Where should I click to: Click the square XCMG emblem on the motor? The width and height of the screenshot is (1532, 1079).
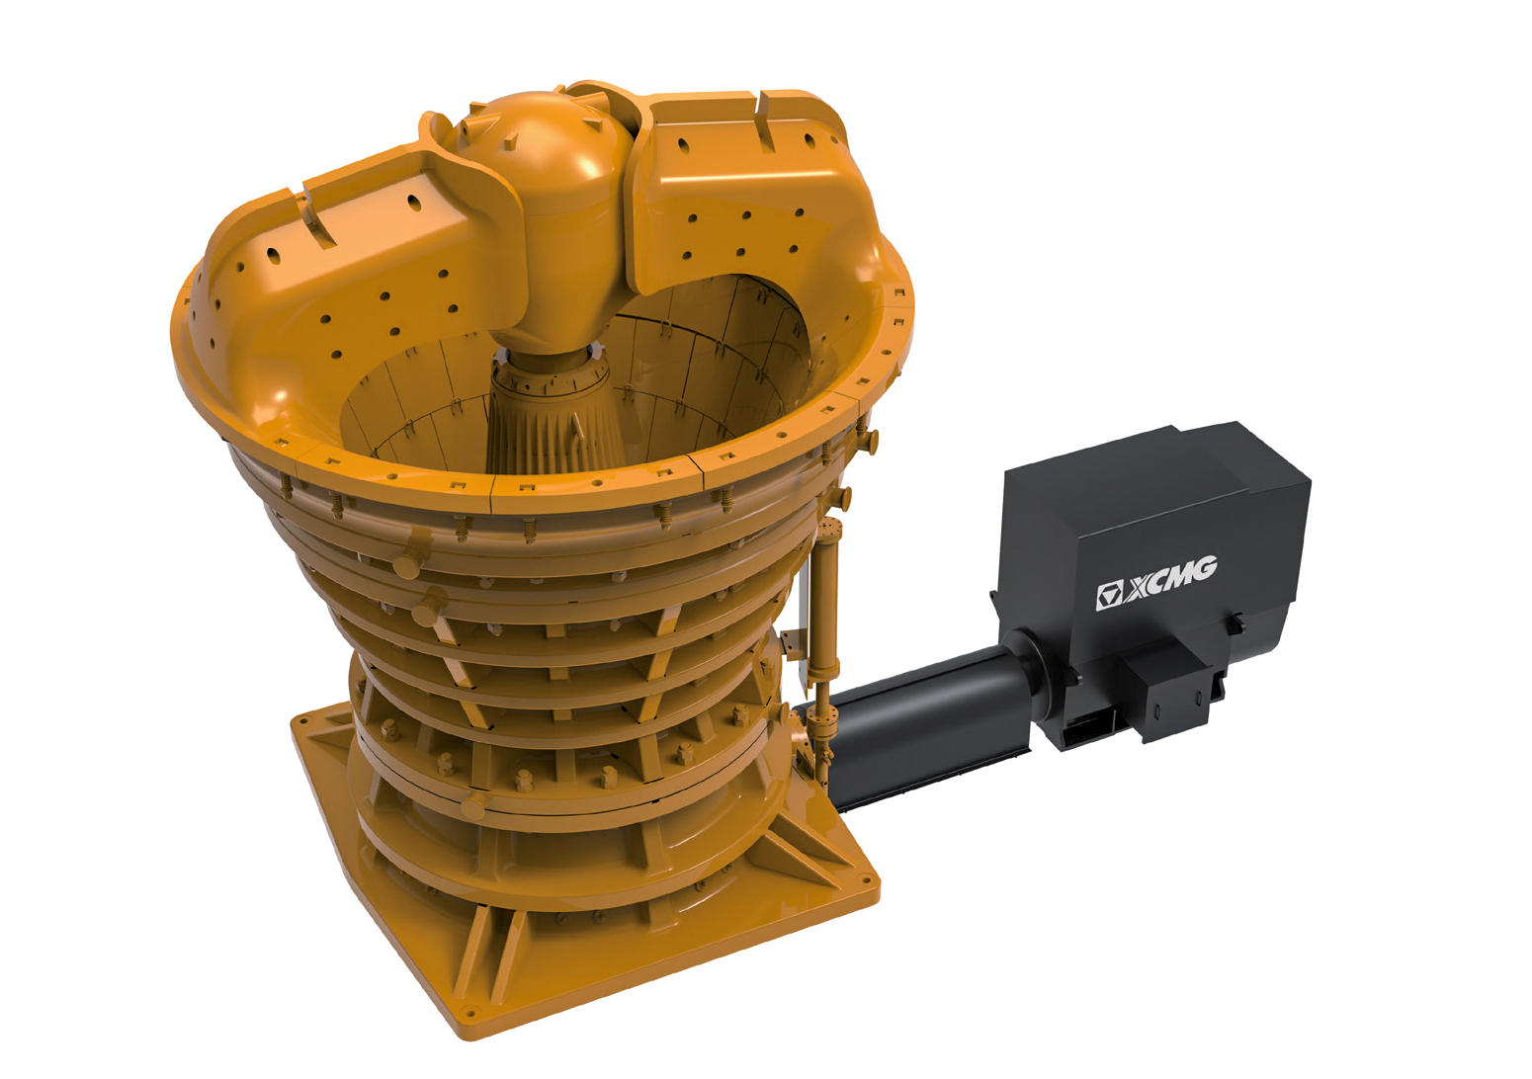coord(1109,596)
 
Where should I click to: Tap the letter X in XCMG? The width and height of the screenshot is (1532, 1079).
coord(1139,587)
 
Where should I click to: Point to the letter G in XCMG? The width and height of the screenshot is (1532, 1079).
coord(1203,568)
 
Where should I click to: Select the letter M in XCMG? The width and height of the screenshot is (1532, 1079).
coord(1180,575)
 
